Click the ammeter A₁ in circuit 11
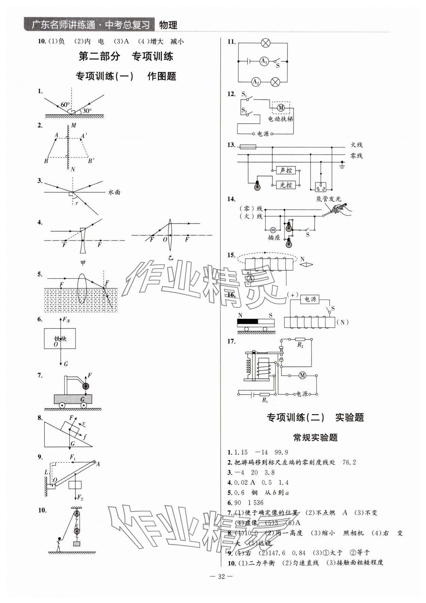coord(264,61)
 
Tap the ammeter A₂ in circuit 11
coord(256,82)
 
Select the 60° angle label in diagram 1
coord(64,105)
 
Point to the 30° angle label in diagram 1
coord(87,111)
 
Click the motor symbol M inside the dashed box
coord(280,108)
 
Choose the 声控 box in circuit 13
coord(286,170)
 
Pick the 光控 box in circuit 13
coord(286,185)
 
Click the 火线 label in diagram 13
coord(356,145)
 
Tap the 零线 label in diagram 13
coord(356,156)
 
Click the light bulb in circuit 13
coord(257,186)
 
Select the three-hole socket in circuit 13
coord(320,187)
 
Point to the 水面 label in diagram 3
coord(114,192)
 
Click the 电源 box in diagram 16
coord(310,299)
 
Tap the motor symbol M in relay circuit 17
coord(302,376)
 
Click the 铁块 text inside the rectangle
coord(60,339)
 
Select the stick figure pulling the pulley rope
coord(59,544)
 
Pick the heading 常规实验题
coord(315,438)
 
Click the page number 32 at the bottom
coord(222,586)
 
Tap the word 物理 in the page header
coord(168,25)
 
